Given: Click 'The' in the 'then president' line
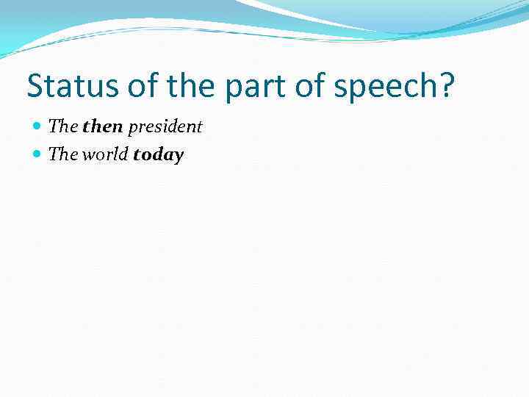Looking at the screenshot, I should point(63,126).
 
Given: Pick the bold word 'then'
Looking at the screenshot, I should point(103,126).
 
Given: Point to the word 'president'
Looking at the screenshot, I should point(165,127).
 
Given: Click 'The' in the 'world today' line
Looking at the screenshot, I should point(63,154).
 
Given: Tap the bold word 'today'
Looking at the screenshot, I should point(158,155).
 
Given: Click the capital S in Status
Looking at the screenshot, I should point(35,87).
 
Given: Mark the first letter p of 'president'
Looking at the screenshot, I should point(132,129).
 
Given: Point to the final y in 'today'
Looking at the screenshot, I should point(179,157).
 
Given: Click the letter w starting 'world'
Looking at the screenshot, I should point(89,155).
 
